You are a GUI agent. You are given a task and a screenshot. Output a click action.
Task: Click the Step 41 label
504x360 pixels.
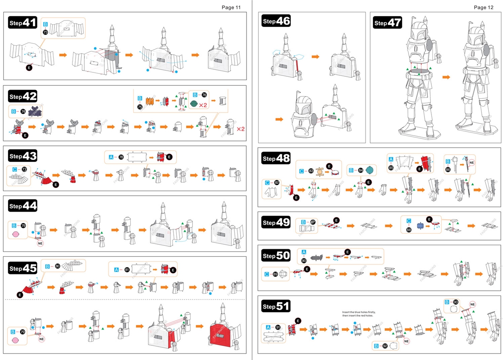pyautogui.click(x=22, y=23)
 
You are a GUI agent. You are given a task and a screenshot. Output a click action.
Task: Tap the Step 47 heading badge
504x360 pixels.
pyautogui.click(x=387, y=22)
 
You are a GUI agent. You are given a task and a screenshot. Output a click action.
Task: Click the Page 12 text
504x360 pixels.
pyautogui.click(x=484, y=7)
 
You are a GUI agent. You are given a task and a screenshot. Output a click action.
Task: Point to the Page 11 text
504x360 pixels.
pyautogui.click(x=231, y=7)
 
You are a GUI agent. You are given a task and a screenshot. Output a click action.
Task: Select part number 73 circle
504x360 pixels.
pyautogui.click(x=45, y=32)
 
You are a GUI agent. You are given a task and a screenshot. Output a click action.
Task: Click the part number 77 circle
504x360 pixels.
pyautogui.click(x=24, y=170)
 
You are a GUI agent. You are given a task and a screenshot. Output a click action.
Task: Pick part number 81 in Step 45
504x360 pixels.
pyautogui.click(x=127, y=270)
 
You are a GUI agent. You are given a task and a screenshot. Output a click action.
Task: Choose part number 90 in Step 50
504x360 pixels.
pyautogui.click(x=304, y=260)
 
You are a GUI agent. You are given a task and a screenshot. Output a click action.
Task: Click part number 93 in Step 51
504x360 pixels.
pyautogui.click(x=456, y=302)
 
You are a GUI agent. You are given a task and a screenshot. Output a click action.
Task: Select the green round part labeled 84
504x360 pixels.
pyautogui.click(x=369, y=170)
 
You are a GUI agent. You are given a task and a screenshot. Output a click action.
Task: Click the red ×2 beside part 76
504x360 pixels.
pyautogui.click(x=203, y=105)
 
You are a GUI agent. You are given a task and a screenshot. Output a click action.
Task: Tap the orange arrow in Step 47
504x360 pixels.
pyautogui.click(x=446, y=77)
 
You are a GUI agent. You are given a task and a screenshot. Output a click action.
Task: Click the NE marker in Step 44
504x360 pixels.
pyautogui.click(x=40, y=243)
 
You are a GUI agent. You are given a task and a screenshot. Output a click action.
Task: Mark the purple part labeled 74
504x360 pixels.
pyautogui.click(x=35, y=111)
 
